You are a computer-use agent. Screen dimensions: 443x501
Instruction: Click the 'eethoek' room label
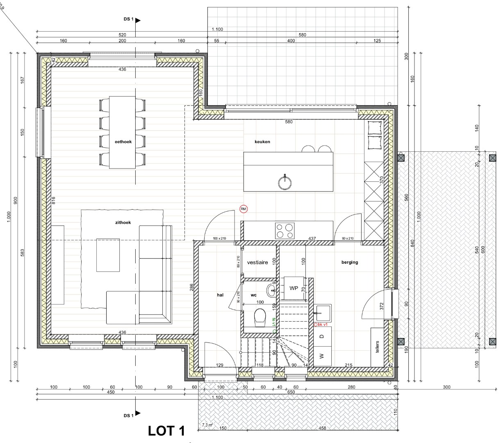click(123, 142)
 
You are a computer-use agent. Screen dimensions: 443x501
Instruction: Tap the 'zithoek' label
click(123, 223)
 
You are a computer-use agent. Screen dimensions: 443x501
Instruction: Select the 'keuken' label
click(262, 142)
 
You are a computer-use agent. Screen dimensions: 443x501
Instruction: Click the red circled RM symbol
click(244, 209)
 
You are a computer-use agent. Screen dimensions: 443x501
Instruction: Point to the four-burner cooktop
click(285, 231)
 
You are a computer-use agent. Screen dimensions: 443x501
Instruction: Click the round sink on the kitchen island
click(285, 181)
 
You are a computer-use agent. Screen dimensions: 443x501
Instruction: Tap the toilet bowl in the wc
click(260, 317)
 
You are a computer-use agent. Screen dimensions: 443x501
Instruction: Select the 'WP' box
click(294, 288)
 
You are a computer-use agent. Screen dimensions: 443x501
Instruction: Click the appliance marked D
click(322, 336)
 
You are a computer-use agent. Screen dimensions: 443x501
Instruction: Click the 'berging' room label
click(350, 262)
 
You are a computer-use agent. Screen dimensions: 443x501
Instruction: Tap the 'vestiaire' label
click(257, 262)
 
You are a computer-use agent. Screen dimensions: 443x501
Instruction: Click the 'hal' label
click(220, 295)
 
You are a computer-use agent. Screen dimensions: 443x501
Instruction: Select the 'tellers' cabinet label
click(377, 347)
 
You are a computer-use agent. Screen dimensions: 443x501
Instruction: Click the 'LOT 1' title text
click(166, 431)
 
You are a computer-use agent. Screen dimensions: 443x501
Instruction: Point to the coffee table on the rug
click(108, 255)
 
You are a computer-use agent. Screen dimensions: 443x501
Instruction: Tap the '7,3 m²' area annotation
click(207, 426)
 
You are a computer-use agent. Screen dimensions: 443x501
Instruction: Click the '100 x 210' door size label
click(220, 238)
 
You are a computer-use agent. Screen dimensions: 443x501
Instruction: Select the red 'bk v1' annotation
click(322, 324)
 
